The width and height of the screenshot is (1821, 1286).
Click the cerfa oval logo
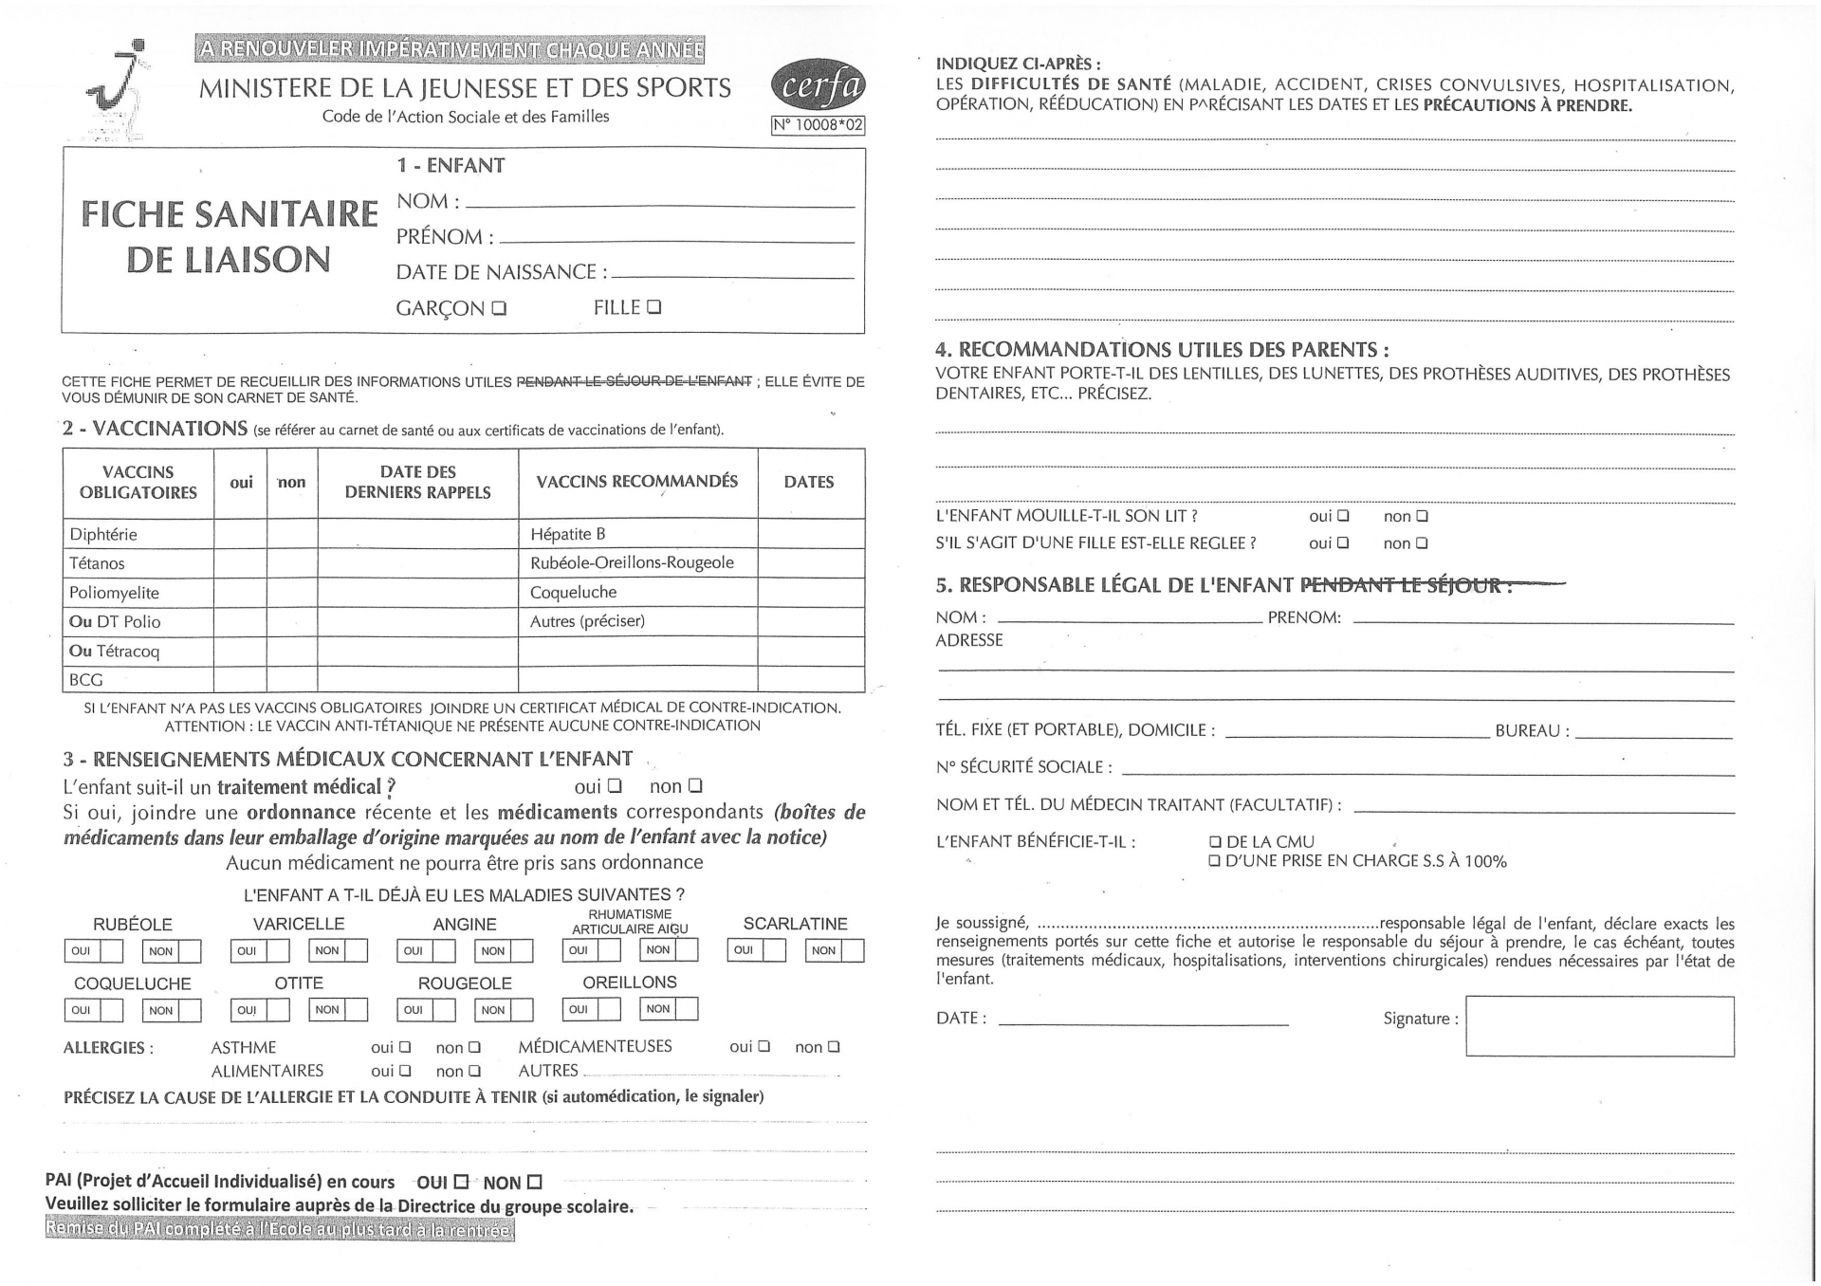819,88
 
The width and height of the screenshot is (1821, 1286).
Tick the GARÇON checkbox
500,308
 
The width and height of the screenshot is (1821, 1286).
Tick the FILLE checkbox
653,306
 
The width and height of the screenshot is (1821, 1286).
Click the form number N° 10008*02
818,124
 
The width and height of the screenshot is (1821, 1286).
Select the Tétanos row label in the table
97,563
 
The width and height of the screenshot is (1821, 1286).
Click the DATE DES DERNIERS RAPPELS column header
417,482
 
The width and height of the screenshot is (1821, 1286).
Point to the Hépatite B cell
568,534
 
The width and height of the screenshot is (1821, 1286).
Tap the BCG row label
85,680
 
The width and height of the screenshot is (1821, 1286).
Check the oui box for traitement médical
615,786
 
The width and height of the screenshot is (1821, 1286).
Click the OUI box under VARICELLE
277,950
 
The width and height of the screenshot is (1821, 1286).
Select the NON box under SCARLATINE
852,950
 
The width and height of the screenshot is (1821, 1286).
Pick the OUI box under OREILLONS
608,1009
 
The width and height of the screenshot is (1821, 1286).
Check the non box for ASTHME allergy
475,1048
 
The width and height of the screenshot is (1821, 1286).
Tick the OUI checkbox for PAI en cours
461,1183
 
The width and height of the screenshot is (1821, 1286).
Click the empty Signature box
1599,1026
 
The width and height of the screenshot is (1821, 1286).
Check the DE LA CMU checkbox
1215,842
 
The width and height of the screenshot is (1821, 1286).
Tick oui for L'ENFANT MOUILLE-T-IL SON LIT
1343,517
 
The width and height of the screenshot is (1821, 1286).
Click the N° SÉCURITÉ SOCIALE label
1023,767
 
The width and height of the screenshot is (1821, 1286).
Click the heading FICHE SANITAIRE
229,214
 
